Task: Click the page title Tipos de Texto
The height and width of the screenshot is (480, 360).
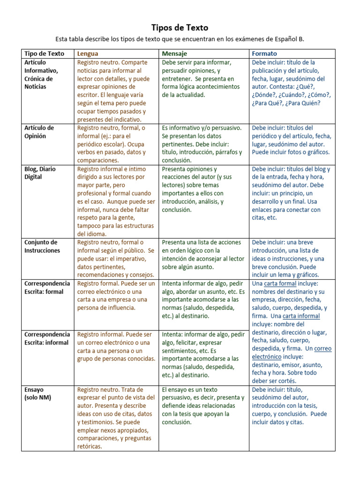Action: click(180, 28)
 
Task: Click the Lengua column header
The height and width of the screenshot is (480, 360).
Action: click(88, 53)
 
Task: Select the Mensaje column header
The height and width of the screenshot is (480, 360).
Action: click(174, 53)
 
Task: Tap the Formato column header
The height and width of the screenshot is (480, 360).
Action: click(264, 53)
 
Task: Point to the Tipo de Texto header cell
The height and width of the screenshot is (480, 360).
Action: click(44, 53)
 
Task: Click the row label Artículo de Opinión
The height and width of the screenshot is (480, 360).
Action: click(39, 132)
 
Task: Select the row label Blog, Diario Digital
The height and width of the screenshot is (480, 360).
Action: click(40, 173)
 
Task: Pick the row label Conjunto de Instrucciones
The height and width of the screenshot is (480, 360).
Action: click(42, 246)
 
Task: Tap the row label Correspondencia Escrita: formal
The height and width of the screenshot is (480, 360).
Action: click(47, 287)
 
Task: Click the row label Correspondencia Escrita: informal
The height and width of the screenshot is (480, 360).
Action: click(47, 338)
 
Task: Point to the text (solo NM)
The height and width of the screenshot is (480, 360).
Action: click(37, 397)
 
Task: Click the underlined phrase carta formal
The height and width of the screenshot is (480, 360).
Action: click(280, 284)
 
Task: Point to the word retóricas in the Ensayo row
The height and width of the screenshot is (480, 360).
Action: click(90, 447)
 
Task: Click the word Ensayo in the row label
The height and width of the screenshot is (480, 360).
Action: click(34, 390)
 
